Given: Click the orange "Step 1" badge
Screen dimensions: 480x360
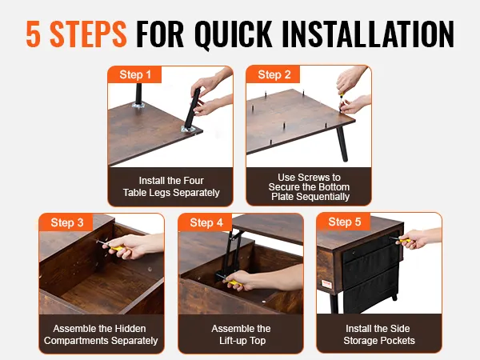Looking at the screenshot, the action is pos(134,74).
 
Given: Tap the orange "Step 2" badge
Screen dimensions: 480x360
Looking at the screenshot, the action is pos(274,74).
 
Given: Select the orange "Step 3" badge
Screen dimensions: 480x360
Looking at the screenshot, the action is pos(66,222).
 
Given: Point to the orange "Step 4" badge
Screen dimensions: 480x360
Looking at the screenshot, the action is pos(206,222).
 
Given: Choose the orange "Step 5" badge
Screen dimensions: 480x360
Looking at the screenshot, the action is pos(344,222).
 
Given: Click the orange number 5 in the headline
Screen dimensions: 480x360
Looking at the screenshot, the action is pos(34,34).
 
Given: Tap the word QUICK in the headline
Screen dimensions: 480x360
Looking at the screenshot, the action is pos(234,34).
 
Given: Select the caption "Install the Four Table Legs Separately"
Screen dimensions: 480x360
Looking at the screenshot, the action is pos(171,186).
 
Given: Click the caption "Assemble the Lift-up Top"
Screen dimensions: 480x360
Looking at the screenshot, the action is pos(242,334).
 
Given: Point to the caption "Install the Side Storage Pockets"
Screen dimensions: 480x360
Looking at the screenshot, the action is pos(378,334).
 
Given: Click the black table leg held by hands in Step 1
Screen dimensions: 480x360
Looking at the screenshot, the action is pos(193,108).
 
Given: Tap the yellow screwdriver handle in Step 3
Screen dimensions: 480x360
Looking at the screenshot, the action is pos(117,248).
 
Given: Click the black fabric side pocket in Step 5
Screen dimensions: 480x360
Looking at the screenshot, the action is pos(371,273).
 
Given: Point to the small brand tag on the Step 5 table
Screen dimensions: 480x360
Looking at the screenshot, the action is pos(326,284).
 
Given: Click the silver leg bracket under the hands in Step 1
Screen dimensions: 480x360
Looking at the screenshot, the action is pos(188,129).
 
